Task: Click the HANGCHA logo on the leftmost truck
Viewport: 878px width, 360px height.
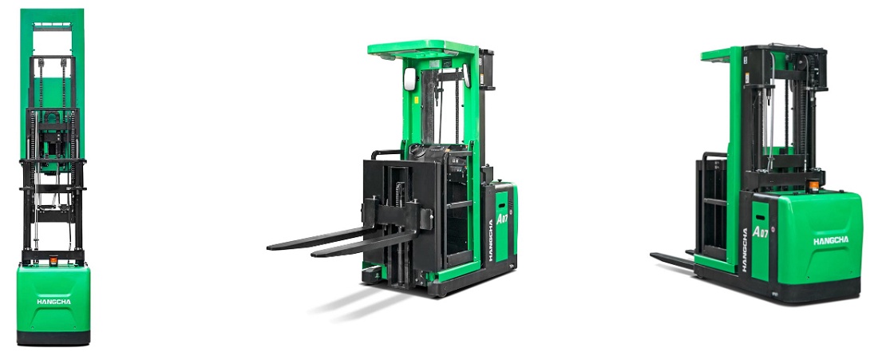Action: tap(53, 302)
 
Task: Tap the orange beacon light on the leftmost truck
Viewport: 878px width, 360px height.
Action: tap(53, 260)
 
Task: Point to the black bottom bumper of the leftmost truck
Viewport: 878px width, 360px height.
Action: tap(53, 338)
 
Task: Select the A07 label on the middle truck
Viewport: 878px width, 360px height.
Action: tap(501, 219)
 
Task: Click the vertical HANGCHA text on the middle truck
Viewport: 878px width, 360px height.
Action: tap(491, 239)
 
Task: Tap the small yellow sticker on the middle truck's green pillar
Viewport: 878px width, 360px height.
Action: tap(417, 101)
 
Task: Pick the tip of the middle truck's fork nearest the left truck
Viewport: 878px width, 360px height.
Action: tap(269, 247)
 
